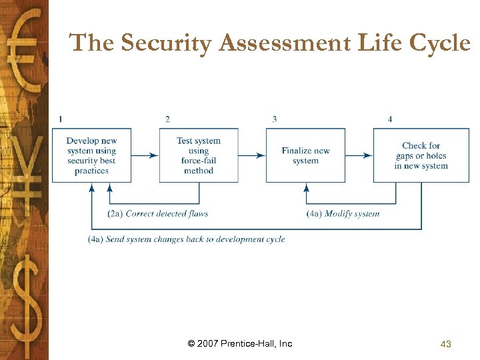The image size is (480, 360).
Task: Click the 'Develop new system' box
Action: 92,155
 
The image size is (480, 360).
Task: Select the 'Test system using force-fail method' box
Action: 199,155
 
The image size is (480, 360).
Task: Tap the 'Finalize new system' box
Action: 305,155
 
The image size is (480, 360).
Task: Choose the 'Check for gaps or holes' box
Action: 421,155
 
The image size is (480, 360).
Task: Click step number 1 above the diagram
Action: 61,119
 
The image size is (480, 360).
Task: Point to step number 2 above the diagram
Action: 167,119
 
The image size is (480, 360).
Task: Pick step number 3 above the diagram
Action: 274,119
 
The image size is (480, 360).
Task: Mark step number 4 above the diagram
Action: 390,119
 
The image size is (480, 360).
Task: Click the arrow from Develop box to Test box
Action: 145,155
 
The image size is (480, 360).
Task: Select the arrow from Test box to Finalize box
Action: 252,155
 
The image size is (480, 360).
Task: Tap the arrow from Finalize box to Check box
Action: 359,155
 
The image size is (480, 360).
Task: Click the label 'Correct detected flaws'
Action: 167,214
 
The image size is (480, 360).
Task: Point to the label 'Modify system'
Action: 352,214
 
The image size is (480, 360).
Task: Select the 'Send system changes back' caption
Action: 187,239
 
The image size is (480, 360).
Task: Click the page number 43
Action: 446,344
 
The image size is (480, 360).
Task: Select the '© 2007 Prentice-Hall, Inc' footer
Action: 240,344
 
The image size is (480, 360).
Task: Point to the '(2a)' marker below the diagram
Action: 115,214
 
